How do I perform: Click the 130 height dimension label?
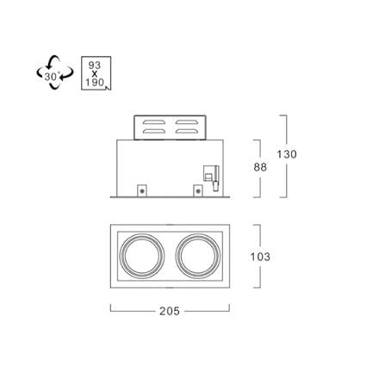(x=287, y=154)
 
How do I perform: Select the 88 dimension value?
(x=260, y=167)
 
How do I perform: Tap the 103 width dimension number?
(x=260, y=257)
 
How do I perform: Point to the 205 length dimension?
(x=170, y=311)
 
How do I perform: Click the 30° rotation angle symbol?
(x=55, y=72)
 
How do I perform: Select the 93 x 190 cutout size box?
(x=96, y=73)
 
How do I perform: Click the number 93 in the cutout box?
(x=95, y=65)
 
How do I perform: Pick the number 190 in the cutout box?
(x=95, y=83)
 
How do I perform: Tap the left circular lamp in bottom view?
(x=142, y=256)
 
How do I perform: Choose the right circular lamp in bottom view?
(x=198, y=256)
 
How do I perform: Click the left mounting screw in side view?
(x=142, y=190)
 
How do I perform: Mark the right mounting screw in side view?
(x=198, y=190)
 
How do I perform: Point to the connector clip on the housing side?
(x=212, y=177)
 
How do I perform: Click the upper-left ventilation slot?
(x=154, y=121)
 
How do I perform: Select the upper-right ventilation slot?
(x=187, y=121)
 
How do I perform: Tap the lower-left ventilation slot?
(x=154, y=131)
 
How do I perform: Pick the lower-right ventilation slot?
(x=187, y=131)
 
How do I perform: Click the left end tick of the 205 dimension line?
(x=111, y=307)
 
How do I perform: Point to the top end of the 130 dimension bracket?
(x=283, y=115)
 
